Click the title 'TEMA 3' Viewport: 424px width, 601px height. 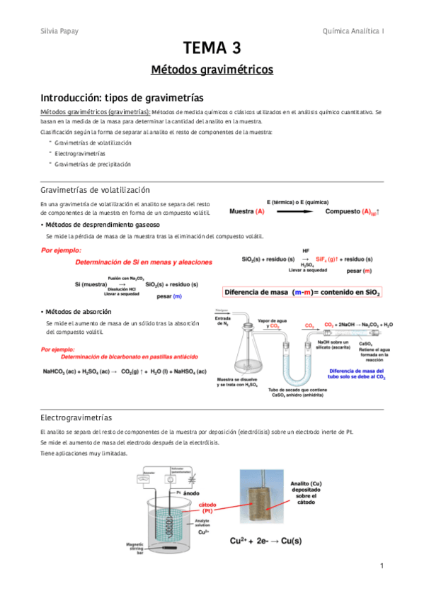(x=212, y=49)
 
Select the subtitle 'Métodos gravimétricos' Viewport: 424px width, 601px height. (x=212, y=70)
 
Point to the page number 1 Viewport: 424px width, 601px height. (x=381, y=566)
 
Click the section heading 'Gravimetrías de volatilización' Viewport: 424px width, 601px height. (x=96, y=190)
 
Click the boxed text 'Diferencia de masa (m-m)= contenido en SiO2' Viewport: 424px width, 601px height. (x=303, y=291)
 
